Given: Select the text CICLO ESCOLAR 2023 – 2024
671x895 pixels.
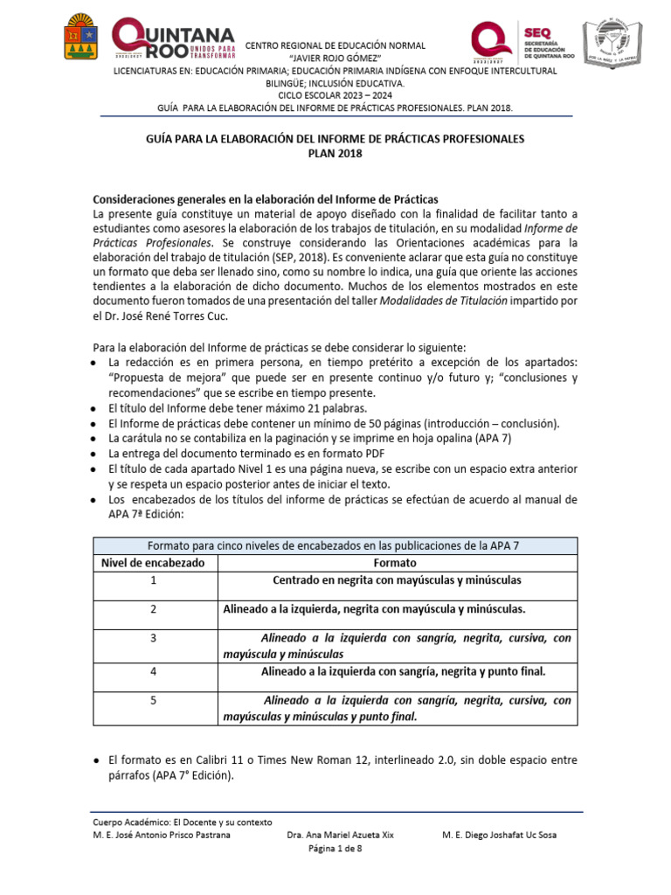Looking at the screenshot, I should (335, 94).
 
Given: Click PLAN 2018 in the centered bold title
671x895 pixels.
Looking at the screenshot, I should (335, 154).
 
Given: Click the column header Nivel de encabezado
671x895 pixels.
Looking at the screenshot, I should (154, 563).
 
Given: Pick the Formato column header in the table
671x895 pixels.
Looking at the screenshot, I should (395, 563).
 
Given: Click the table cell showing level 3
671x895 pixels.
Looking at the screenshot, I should (154, 639).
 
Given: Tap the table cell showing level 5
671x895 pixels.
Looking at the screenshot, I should (154, 700).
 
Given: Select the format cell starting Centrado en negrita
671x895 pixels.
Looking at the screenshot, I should (397, 580).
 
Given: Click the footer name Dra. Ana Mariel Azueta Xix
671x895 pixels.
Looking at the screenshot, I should (340, 835).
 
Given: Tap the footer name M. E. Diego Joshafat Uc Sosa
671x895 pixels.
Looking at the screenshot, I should (500, 835).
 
